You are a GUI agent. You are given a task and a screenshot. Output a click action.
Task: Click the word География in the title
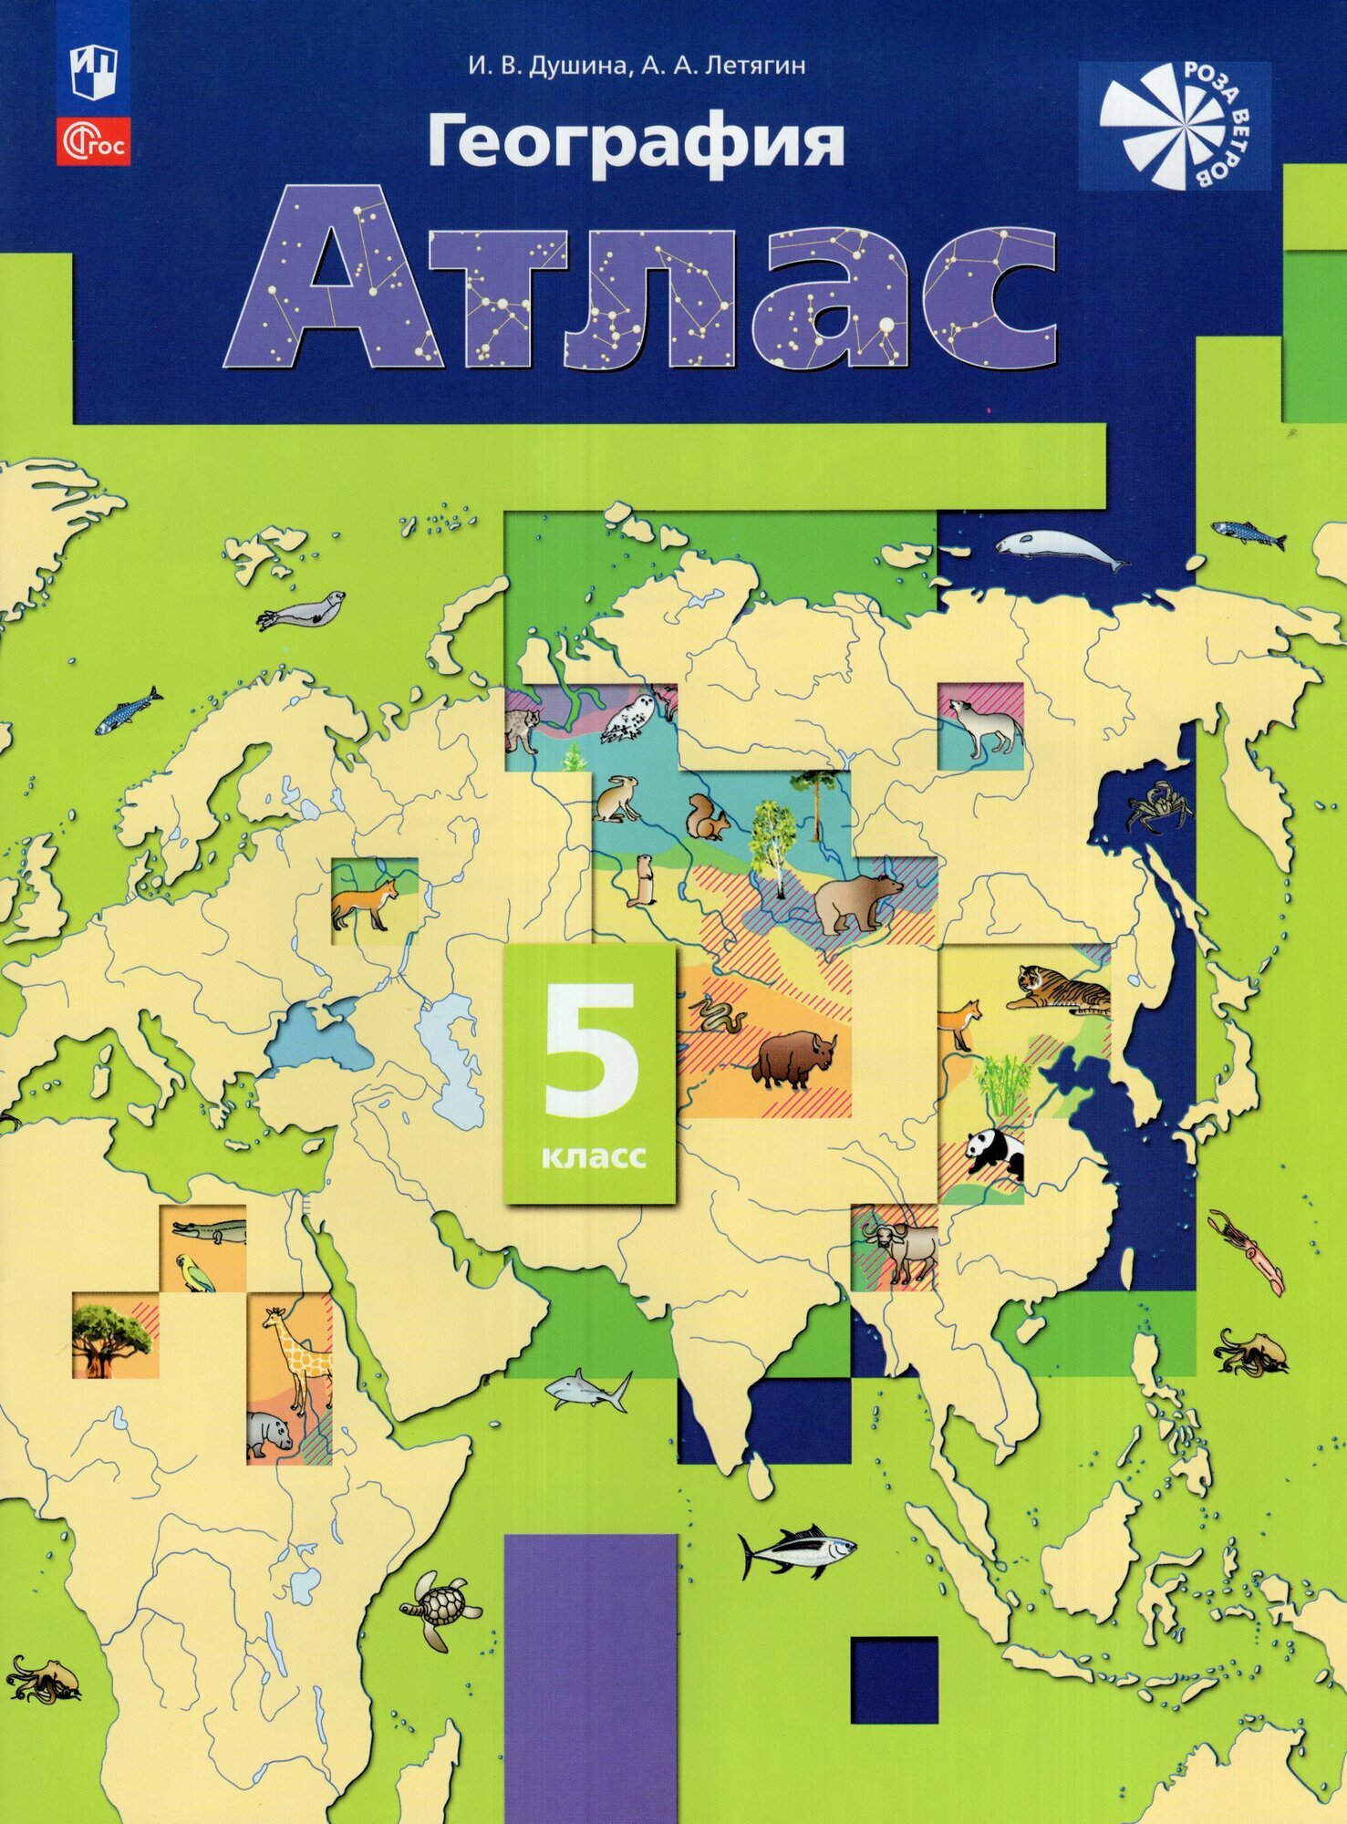[636, 142]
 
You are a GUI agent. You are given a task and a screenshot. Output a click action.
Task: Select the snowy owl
[632, 718]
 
